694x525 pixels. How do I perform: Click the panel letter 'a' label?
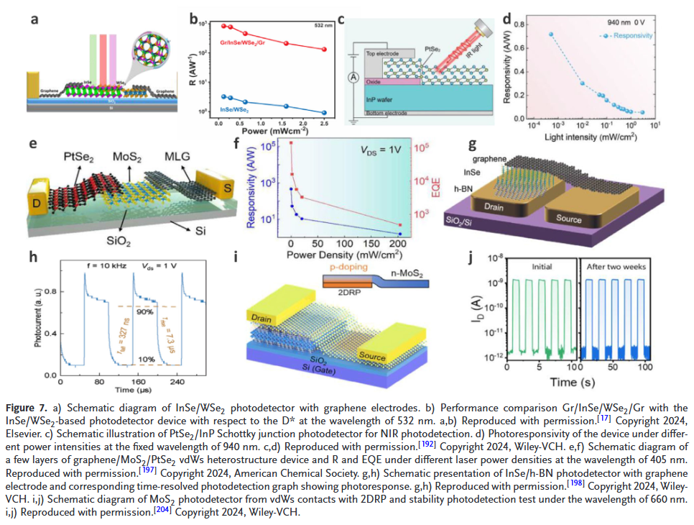pyautogui.click(x=34, y=19)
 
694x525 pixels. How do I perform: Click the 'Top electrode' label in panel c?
pyautogui.click(x=381, y=53)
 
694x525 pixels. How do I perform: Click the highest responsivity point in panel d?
pyautogui.click(x=552, y=35)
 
